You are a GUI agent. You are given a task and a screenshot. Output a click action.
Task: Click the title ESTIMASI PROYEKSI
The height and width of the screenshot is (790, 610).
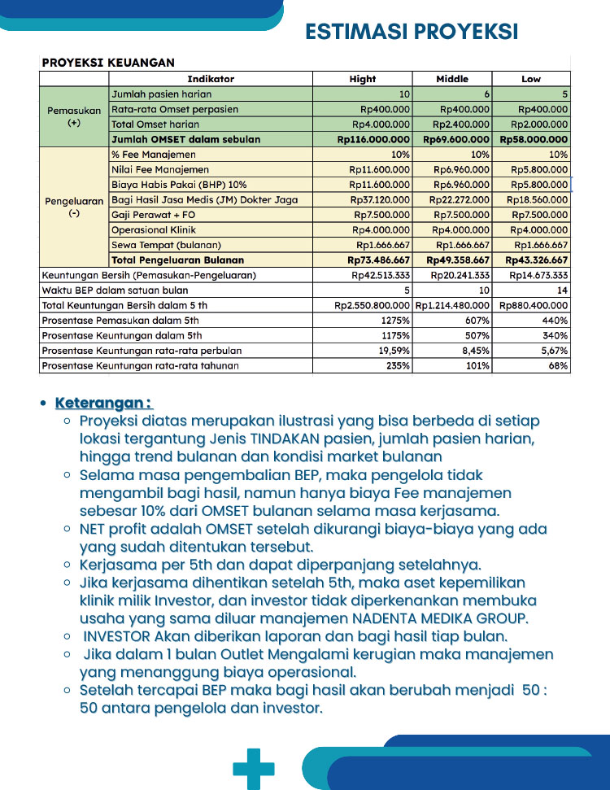(x=412, y=31)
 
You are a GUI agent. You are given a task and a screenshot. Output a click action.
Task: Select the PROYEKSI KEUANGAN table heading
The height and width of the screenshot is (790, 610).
(x=108, y=63)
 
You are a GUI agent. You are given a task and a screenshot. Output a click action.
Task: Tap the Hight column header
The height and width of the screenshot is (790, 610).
(x=363, y=79)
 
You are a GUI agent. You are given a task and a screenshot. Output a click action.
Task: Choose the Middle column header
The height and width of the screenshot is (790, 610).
(x=452, y=79)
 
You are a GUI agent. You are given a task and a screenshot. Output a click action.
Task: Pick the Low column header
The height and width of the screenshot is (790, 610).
(x=531, y=79)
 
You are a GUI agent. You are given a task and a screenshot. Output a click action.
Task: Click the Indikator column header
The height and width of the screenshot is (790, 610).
(x=211, y=79)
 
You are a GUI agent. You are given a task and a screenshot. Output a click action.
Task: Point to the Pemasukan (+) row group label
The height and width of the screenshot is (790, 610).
(x=74, y=116)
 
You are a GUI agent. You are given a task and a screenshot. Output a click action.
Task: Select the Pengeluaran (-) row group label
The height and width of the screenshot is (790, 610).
(x=74, y=207)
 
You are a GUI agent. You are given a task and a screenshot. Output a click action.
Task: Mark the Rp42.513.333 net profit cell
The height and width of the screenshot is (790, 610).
(x=380, y=276)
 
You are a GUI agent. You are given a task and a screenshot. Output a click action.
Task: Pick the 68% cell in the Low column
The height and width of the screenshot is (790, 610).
(x=557, y=366)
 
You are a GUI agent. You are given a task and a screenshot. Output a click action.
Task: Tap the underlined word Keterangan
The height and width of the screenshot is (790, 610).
(x=102, y=404)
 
